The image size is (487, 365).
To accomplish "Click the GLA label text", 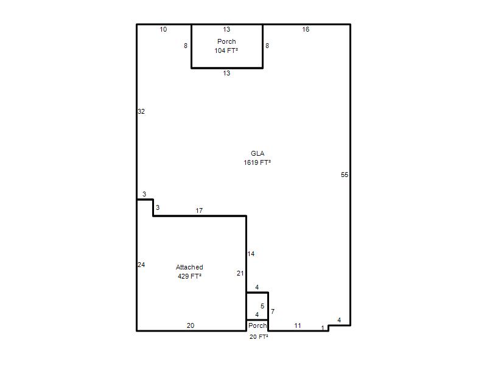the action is (258, 153).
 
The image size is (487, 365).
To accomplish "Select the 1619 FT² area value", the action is (257, 162).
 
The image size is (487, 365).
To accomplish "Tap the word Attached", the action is (189, 267).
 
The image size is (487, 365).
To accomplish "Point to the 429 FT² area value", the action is (189, 276).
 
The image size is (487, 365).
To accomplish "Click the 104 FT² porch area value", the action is (226, 50).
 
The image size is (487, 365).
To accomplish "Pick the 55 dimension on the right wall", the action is (345, 175).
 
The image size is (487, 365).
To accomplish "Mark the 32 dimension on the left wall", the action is (141, 111).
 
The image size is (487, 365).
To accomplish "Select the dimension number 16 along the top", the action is (306, 29).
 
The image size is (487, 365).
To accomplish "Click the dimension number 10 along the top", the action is (163, 29).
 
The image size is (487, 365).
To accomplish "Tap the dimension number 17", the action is (199, 210).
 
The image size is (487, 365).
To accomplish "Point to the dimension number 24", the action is (141, 265).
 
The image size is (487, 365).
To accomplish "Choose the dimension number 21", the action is (240, 273).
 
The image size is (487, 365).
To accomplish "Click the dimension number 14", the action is (251, 254).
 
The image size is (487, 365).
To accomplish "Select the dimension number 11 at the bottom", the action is (298, 325).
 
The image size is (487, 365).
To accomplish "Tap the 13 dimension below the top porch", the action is (226, 73).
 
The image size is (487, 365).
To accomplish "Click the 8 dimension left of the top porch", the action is (186, 46).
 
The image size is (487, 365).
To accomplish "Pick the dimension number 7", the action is (273, 311).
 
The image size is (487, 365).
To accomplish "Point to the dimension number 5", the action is (262, 307).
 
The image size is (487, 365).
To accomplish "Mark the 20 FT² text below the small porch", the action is (259, 337).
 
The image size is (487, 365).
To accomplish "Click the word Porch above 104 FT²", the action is (226, 41).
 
